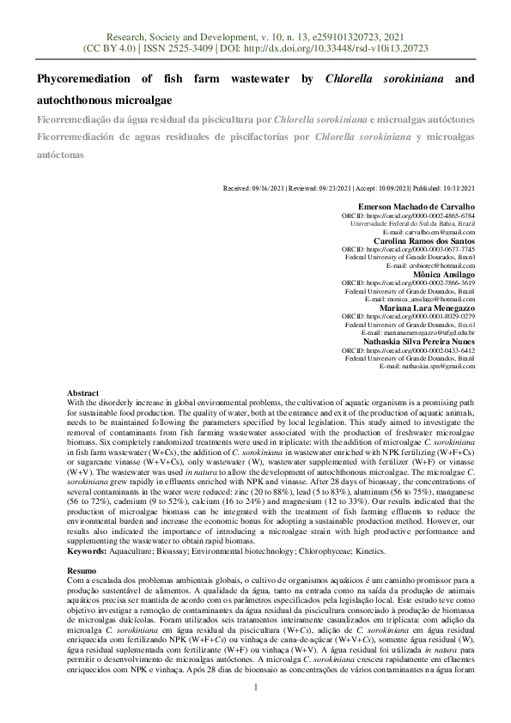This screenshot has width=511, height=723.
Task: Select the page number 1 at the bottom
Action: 255,687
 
